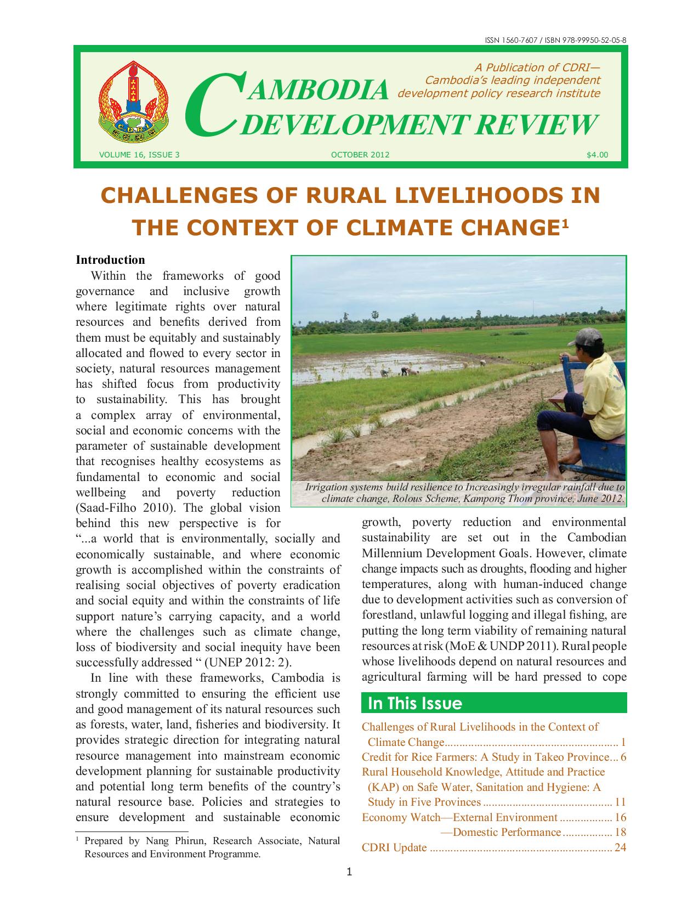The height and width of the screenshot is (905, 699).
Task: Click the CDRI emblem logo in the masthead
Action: coord(133,103)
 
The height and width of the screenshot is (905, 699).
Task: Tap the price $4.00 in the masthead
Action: coord(597,155)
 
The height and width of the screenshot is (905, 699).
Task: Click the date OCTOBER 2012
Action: coord(360,155)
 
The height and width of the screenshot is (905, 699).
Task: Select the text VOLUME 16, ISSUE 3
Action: coord(139,155)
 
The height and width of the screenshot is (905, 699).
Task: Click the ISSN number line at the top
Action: coord(556,41)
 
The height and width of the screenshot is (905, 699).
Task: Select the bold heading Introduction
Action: coord(110,260)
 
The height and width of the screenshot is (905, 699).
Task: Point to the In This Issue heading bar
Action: coord(494,703)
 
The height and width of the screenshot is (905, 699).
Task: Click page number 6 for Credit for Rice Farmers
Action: coord(623,757)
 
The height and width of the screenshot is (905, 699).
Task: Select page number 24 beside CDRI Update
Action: coord(620,847)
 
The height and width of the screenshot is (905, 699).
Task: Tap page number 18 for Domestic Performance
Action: coord(620,833)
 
